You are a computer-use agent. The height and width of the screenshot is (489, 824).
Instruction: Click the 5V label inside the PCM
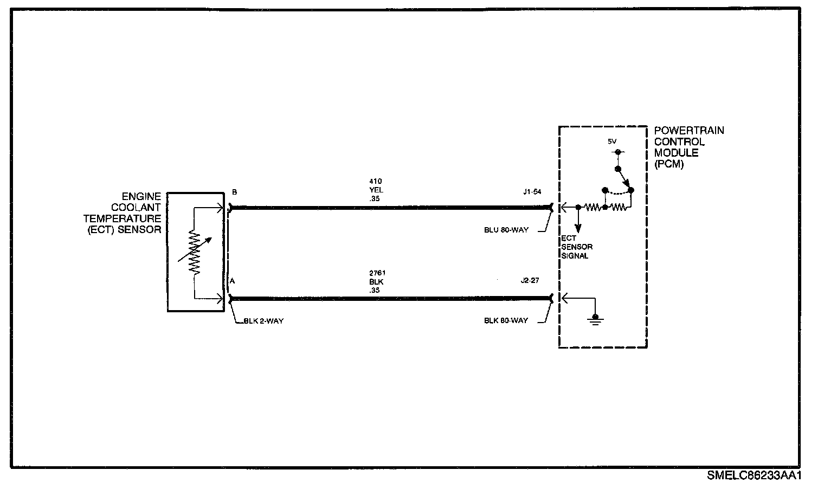(611, 141)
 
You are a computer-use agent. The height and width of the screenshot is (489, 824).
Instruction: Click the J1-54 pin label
(531, 192)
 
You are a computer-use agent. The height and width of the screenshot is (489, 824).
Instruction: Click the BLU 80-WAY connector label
(506, 230)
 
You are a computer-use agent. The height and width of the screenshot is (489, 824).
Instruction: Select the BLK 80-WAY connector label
(506, 321)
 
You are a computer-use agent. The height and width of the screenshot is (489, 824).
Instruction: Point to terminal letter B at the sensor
(234, 192)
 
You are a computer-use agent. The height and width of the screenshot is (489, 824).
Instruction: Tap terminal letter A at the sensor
(232, 281)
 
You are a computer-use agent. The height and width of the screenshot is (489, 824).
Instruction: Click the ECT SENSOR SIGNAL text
(576, 247)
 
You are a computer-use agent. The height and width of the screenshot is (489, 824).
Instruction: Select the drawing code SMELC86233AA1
(754, 475)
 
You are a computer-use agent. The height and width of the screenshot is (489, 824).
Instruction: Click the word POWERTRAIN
(689, 131)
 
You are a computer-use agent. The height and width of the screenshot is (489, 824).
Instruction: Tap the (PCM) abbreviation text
(669, 164)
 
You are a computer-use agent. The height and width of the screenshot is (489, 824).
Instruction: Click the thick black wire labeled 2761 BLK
(390, 298)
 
